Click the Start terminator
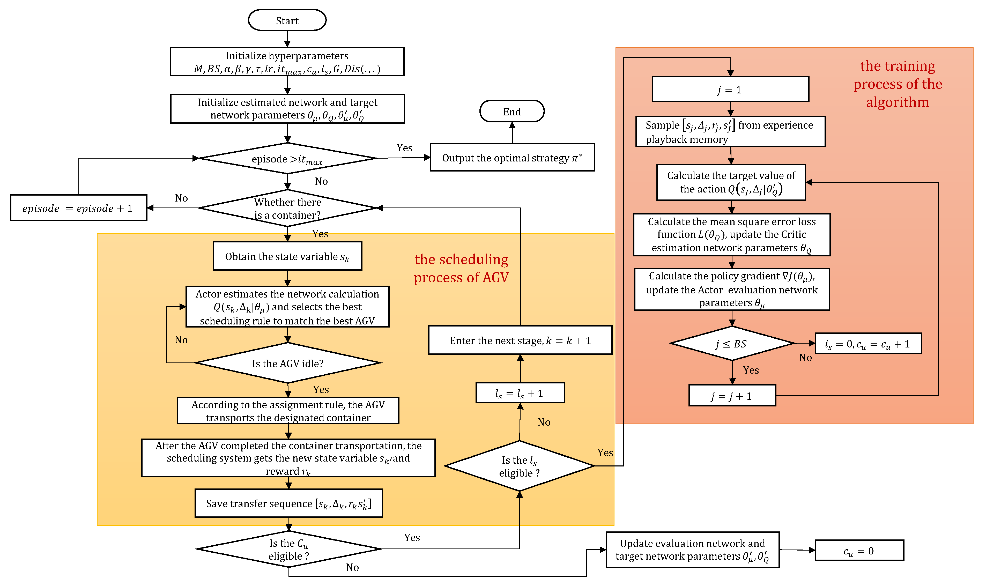tap(287, 20)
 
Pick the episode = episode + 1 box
tap(78, 208)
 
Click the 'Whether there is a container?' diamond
tap(287, 208)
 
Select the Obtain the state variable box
tap(287, 256)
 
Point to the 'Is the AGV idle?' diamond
tap(287, 363)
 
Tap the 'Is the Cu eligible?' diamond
tap(289, 549)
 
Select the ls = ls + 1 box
tap(520, 393)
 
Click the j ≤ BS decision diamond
tap(732, 344)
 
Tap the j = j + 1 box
tap(732, 396)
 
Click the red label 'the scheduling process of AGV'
tap(461, 269)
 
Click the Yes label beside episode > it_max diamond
tap(404, 148)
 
